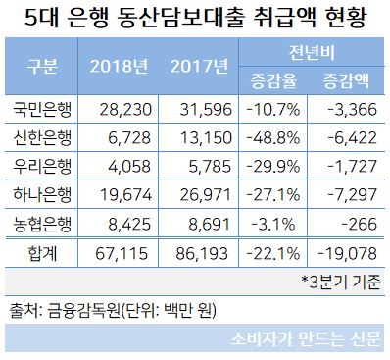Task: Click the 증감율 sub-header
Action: pyautogui.click(x=273, y=79)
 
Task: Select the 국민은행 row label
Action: pyautogui.click(x=39, y=110)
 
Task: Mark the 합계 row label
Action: pyautogui.click(x=39, y=253)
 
